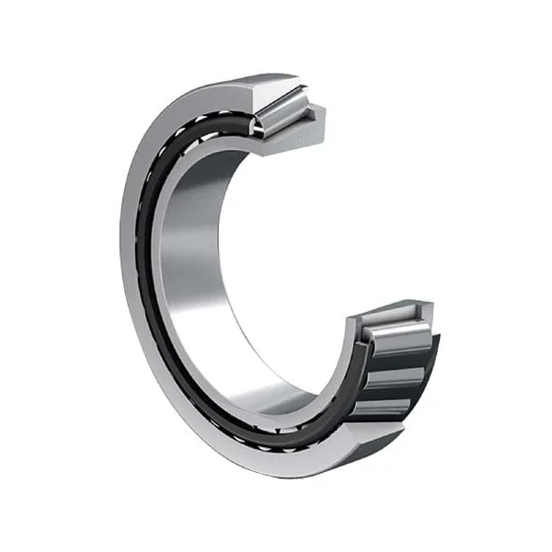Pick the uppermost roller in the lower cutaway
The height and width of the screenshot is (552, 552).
[397, 339]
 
